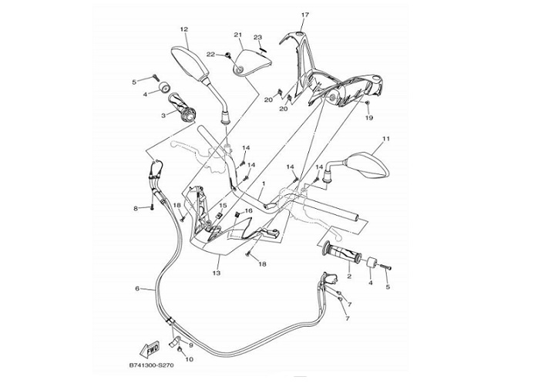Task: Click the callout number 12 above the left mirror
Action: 183,29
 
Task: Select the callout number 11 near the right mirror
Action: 386,139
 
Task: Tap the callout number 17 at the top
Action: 304,15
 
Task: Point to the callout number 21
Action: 238,35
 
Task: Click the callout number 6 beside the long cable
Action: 137,289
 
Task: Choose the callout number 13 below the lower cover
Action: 217,274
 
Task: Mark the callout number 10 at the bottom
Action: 190,359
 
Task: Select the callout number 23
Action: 258,37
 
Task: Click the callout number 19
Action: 368,118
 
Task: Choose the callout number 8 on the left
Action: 136,208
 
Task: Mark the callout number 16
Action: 249,210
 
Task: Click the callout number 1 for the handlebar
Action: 263,184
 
